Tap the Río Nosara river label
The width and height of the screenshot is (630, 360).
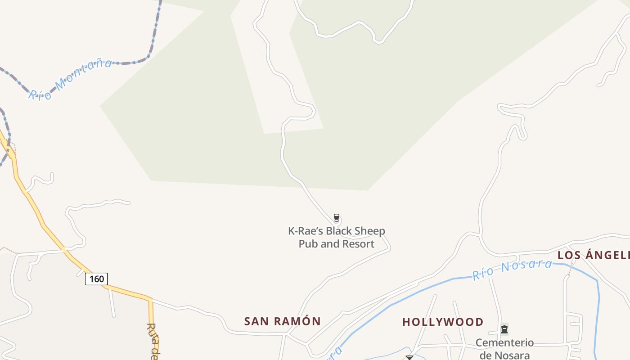click(512, 269)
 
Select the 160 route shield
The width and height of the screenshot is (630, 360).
click(97, 279)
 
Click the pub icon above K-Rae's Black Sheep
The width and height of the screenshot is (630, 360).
click(336, 218)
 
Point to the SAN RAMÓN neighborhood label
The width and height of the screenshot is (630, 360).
click(282, 321)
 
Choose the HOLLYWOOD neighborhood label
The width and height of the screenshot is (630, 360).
click(442, 322)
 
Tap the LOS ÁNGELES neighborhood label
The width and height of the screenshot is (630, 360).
click(593, 255)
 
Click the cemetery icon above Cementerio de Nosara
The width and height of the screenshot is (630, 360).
click(504, 329)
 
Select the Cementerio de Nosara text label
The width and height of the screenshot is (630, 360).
click(504, 349)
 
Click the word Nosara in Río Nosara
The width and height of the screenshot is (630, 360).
click(526, 266)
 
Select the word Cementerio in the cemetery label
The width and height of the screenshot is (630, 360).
click(504, 343)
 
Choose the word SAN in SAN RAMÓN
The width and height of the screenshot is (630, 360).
click(256, 321)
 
